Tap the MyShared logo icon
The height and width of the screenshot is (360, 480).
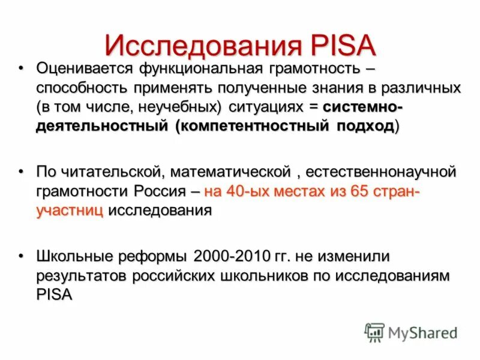[x=374, y=332]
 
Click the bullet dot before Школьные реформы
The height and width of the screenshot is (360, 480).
[x=21, y=256]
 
